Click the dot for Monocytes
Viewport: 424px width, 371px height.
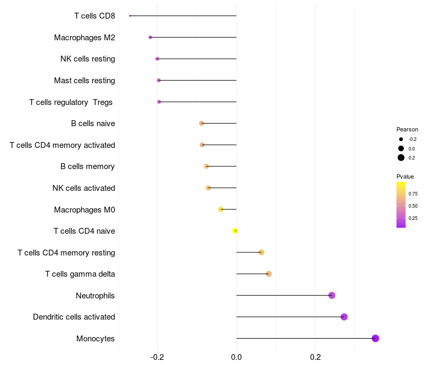pyautogui.click(x=375, y=338)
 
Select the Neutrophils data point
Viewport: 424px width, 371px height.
pyautogui.click(x=332, y=295)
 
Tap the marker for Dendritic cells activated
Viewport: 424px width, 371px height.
pyautogui.click(x=344, y=317)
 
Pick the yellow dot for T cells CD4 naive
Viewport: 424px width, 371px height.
pyautogui.click(x=235, y=231)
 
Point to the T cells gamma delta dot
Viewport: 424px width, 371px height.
pyautogui.click(x=269, y=274)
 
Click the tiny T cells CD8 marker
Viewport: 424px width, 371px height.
pyautogui.click(x=130, y=16)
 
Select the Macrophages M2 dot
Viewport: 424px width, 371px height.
pyautogui.click(x=151, y=37)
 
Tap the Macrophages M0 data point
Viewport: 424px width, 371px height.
pyautogui.click(x=221, y=209)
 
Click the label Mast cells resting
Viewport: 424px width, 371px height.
pyautogui.click(x=84, y=81)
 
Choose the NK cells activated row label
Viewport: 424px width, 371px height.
pyautogui.click(x=84, y=188)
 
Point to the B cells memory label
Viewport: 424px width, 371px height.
pyautogui.click(x=87, y=166)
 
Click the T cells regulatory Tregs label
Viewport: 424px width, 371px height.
pyautogui.click(x=71, y=102)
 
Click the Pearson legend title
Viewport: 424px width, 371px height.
pyautogui.click(x=407, y=129)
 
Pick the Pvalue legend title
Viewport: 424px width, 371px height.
pyautogui.click(x=405, y=176)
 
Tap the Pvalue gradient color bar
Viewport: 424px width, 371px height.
pyautogui.click(x=401, y=205)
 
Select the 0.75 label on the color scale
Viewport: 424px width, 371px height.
pyautogui.click(x=413, y=194)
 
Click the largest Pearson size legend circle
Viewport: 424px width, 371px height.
pyautogui.click(x=401, y=157)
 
